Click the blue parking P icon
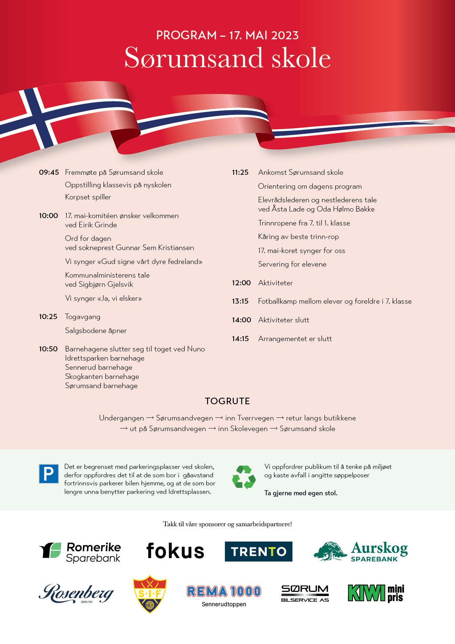49,474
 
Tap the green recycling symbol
244,477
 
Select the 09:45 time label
49,172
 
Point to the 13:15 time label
240,301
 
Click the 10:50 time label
48,349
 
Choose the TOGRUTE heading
227,401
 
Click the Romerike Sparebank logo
80,552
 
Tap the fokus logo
175,551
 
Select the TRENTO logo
258,551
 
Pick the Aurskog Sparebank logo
361,551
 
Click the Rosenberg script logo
76,593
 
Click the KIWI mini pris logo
376,593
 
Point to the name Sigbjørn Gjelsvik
106,284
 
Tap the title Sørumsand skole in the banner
227,58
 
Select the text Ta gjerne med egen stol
301,493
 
